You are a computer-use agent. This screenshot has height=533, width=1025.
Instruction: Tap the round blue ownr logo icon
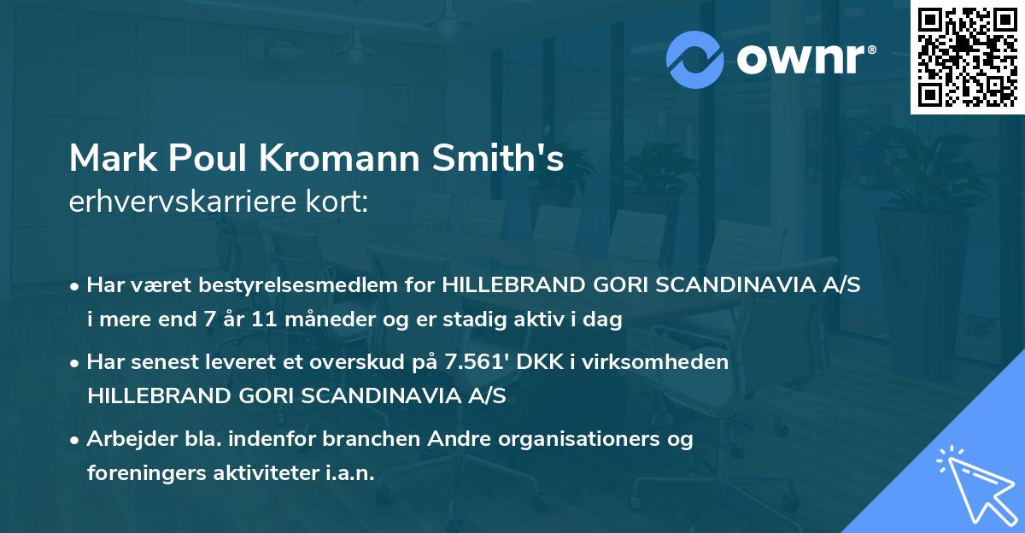coord(695,59)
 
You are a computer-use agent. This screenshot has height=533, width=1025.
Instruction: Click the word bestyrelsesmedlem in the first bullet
coord(296,285)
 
